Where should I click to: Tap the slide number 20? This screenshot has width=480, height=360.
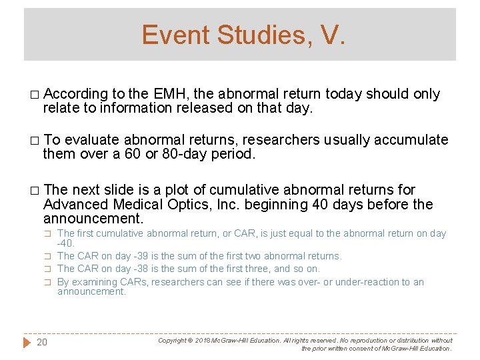pyautogui.click(x=42, y=343)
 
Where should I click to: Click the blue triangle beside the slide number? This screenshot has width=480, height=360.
pyautogui.click(x=27, y=343)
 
